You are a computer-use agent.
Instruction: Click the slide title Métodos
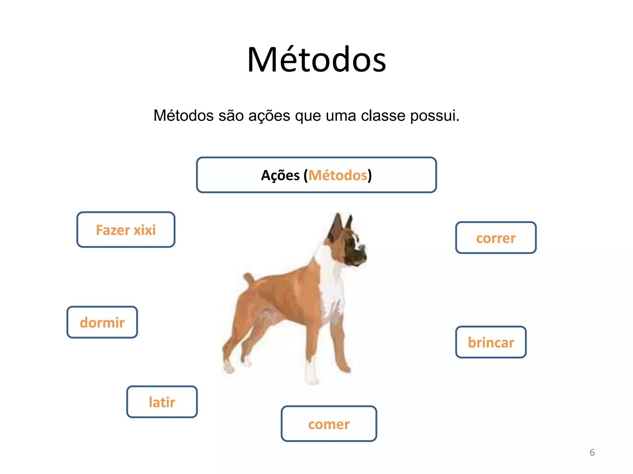[316, 60]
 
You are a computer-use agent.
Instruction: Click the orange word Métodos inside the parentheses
[338, 175]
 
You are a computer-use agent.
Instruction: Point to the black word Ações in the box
[280, 175]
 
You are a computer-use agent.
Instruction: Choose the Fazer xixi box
[126, 230]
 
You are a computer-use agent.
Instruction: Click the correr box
[496, 238]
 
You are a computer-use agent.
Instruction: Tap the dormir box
[102, 322]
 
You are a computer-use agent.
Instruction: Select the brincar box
[491, 342]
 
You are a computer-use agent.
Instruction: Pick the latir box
[162, 402]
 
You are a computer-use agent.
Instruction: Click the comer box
[329, 424]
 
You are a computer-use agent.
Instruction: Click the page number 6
[592, 452]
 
